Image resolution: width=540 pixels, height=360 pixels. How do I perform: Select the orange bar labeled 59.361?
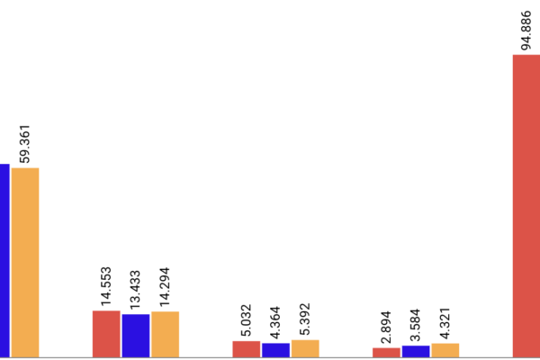tap(25, 262)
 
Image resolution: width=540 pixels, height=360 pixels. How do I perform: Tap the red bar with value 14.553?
tap(106, 334)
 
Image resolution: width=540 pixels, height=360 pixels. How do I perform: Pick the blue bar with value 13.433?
tap(136, 335)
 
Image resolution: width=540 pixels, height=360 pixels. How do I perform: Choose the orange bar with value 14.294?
tap(166, 334)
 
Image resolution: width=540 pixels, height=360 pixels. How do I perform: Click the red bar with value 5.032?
tap(247, 348)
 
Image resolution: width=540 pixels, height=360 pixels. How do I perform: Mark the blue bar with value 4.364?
tap(275, 349)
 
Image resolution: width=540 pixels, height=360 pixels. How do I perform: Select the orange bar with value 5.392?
tap(305, 347)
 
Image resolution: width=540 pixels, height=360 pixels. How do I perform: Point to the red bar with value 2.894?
tap(386, 352)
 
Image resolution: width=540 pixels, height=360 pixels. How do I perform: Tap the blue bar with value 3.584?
tap(416, 351)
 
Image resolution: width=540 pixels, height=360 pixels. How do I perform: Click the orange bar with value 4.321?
tap(445, 350)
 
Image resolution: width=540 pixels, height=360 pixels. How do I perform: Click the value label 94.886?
tap(526, 29)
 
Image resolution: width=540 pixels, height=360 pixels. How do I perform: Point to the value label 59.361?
tap(24, 142)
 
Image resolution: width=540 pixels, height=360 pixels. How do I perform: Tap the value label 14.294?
tap(166, 287)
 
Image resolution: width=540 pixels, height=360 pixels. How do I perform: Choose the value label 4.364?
tap(275, 322)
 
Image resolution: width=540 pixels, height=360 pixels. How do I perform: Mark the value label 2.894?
tap(386, 327)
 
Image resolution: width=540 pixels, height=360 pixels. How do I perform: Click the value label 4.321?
tap(445, 322)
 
